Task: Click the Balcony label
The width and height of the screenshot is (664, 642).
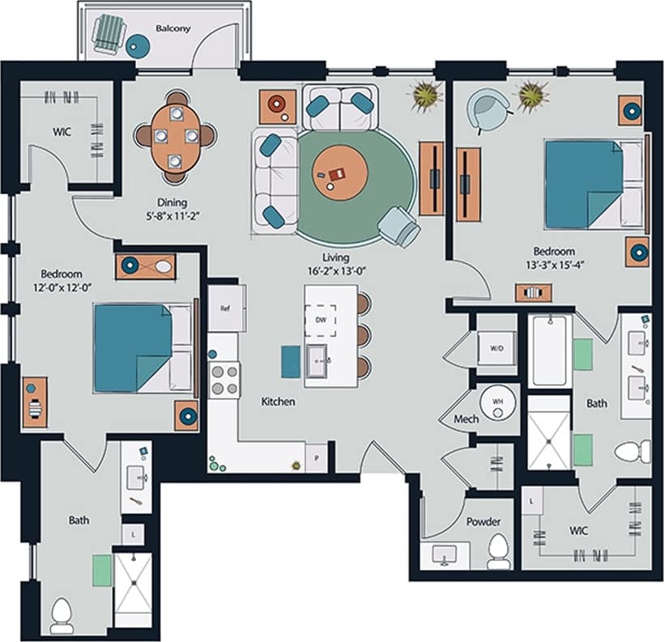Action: [172, 28]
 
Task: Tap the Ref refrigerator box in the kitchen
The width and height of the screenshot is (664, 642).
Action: [226, 308]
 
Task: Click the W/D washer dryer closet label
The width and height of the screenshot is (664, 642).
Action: [496, 349]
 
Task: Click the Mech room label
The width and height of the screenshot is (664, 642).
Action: [466, 419]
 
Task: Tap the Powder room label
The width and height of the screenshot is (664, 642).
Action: [483, 522]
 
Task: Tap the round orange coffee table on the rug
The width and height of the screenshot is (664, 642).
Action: [340, 173]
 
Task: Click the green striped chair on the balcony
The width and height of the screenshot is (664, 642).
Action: [108, 35]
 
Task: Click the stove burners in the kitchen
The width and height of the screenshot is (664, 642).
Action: [225, 380]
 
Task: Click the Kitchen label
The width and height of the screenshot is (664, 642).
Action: [278, 402]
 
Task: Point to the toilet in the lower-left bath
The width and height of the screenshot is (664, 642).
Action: [62, 615]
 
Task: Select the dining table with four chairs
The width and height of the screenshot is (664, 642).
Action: [176, 135]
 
